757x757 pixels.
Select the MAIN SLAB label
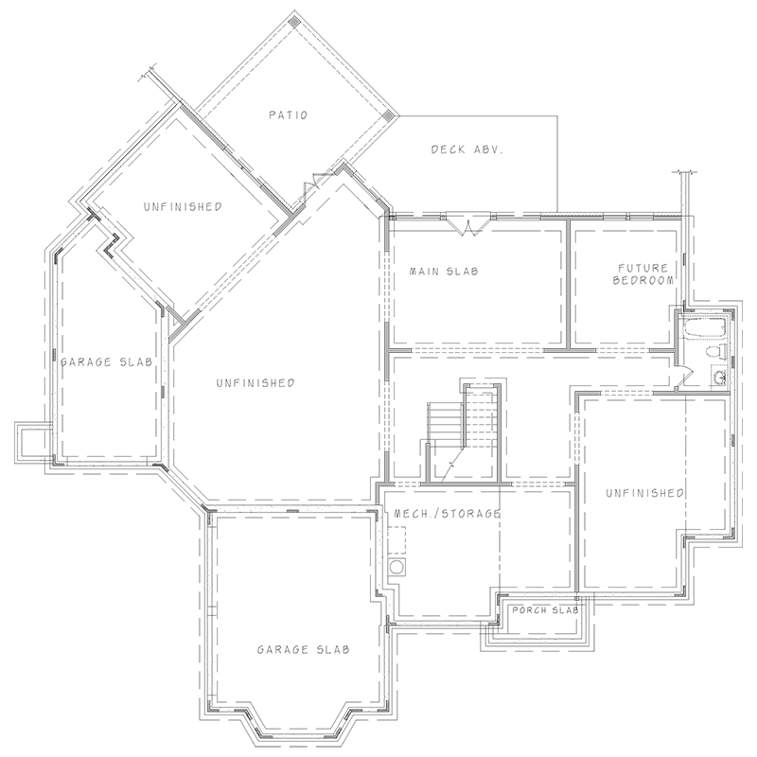point(444,272)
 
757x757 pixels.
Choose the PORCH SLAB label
point(543,610)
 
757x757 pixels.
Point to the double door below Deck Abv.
point(467,222)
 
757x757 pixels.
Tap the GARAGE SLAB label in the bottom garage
point(305,650)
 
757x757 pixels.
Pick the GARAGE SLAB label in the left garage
point(100,361)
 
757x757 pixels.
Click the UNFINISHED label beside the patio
point(184,206)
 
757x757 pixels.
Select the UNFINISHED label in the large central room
point(255,383)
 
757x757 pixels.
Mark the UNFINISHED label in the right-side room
point(644,493)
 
